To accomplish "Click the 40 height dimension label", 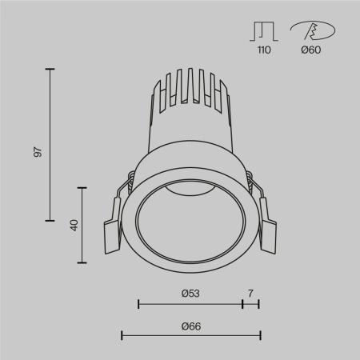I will [x=73, y=225].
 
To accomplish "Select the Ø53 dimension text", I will [x=190, y=294].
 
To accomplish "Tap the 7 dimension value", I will [x=250, y=294].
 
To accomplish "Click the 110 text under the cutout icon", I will [x=263, y=50].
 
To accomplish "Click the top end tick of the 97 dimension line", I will [x=50, y=70].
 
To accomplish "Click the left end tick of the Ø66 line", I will [x=122, y=335].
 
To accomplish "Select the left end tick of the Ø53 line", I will [x=138, y=304].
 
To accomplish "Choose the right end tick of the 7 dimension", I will [x=258, y=304].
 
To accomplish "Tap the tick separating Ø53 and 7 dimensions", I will [x=242, y=304].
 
